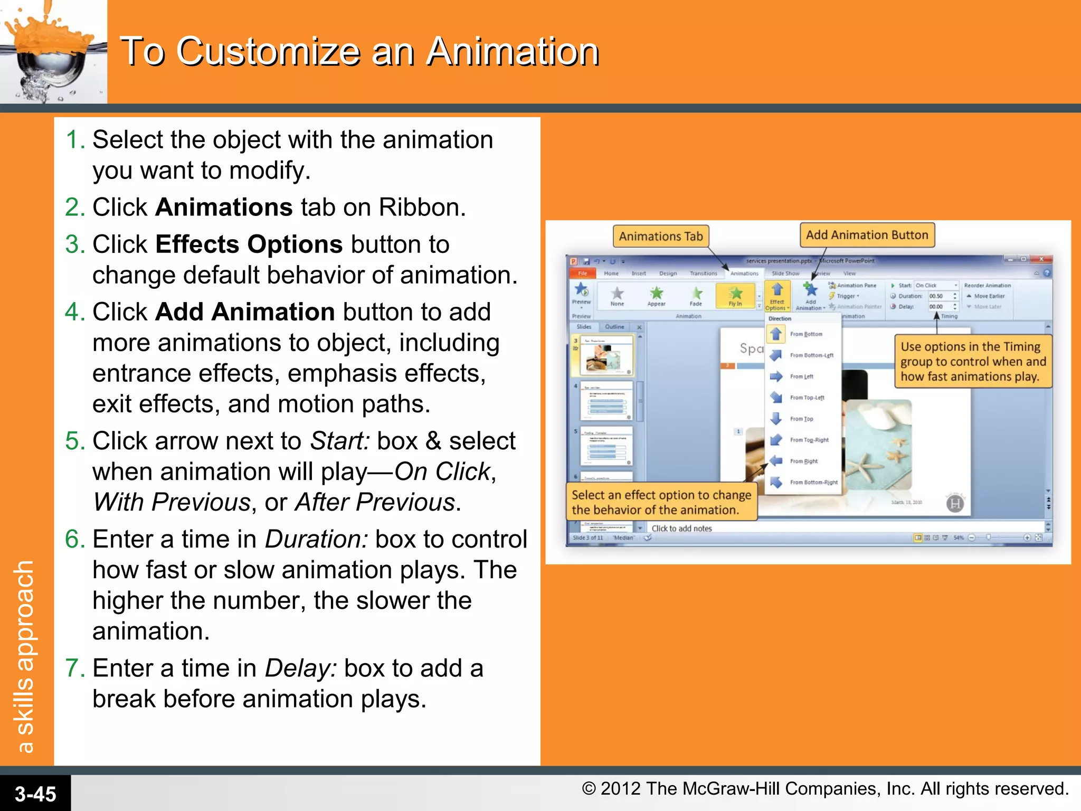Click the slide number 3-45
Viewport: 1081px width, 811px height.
pyautogui.click(x=35, y=794)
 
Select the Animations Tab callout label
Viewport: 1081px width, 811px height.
pyautogui.click(x=660, y=236)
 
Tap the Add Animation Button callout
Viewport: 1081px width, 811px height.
pyautogui.click(x=867, y=235)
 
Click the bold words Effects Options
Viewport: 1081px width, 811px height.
pyautogui.click(x=249, y=244)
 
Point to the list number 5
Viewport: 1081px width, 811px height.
pyautogui.click(x=72, y=441)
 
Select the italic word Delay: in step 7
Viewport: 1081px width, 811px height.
pyautogui.click(x=300, y=668)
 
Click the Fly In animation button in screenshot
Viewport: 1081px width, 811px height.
pyautogui.click(x=735, y=296)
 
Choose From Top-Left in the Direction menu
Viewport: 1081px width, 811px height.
pyautogui.click(x=807, y=398)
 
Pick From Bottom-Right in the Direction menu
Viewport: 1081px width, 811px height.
pyautogui.click(x=813, y=482)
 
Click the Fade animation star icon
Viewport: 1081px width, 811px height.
pyautogui.click(x=696, y=293)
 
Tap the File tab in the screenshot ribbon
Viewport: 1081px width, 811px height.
pyautogui.click(x=582, y=274)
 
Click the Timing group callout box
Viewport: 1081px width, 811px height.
pyautogui.click(x=973, y=362)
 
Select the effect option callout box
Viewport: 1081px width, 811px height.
pyautogui.click(x=661, y=502)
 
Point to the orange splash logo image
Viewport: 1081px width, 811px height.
pyautogui.click(x=53, y=51)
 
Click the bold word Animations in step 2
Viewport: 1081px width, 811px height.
pyautogui.click(x=224, y=208)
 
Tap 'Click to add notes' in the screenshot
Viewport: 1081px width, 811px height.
pyautogui.click(x=681, y=529)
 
